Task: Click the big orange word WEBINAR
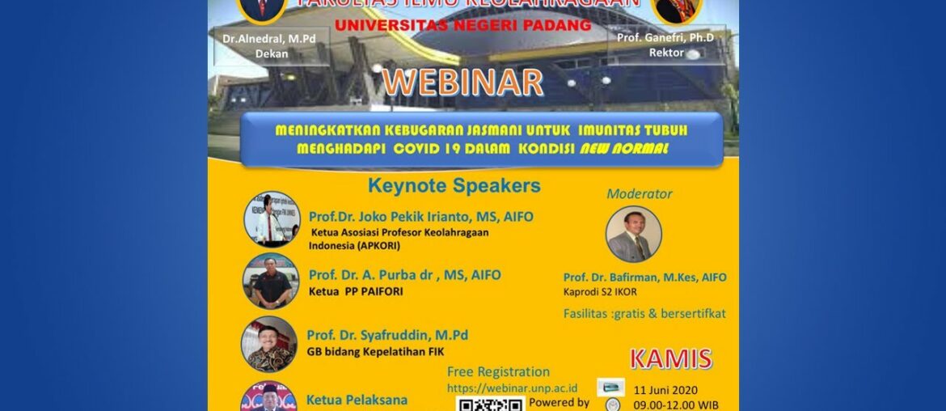click(x=462, y=83)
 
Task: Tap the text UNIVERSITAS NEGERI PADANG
click(x=462, y=26)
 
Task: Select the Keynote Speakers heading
click(x=454, y=185)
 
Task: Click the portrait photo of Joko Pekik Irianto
click(x=272, y=218)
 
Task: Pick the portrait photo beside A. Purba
click(x=271, y=281)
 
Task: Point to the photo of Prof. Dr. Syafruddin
click(x=269, y=344)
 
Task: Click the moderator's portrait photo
click(x=633, y=234)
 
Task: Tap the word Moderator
click(x=640, y=193)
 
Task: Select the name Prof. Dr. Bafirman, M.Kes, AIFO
click(x=644, y=277)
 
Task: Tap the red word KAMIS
click(x=670, y=358)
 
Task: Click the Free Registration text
click(x=498, y=372)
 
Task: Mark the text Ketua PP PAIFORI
click(x=356, y=292)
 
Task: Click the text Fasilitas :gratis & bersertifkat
click(x=644, y=313)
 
